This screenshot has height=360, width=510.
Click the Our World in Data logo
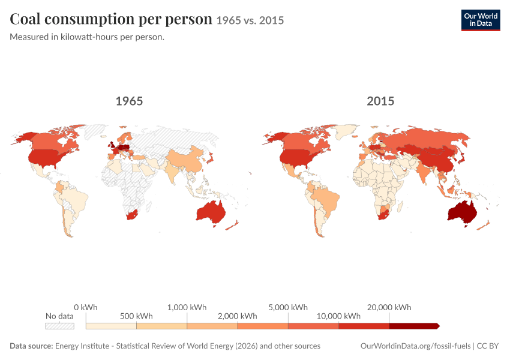[x=481, y=20]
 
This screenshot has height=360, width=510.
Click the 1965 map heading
[x=129, y=101]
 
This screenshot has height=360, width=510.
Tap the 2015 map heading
[x=380, y=101]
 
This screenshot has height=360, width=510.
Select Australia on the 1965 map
[x=211, y=213]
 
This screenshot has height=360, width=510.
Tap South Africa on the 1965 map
[x=133, y=215]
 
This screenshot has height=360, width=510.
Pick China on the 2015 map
[x=437, y=158]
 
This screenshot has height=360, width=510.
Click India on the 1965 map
[x=172, y=171]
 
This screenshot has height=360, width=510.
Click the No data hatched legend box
[x=59, y=326]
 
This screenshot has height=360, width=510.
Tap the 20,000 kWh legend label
[x=389, y=307]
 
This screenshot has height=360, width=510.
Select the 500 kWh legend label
[x=136, y=316]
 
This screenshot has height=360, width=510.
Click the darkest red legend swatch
[x=415, y=326]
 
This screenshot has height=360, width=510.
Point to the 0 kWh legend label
[x=86, y=307]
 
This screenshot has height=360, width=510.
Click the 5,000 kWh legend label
[x=288, y=307]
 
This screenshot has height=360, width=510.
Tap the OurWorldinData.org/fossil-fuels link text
[x=415, y=346]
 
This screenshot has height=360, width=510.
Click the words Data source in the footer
[x=31, y=346]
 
